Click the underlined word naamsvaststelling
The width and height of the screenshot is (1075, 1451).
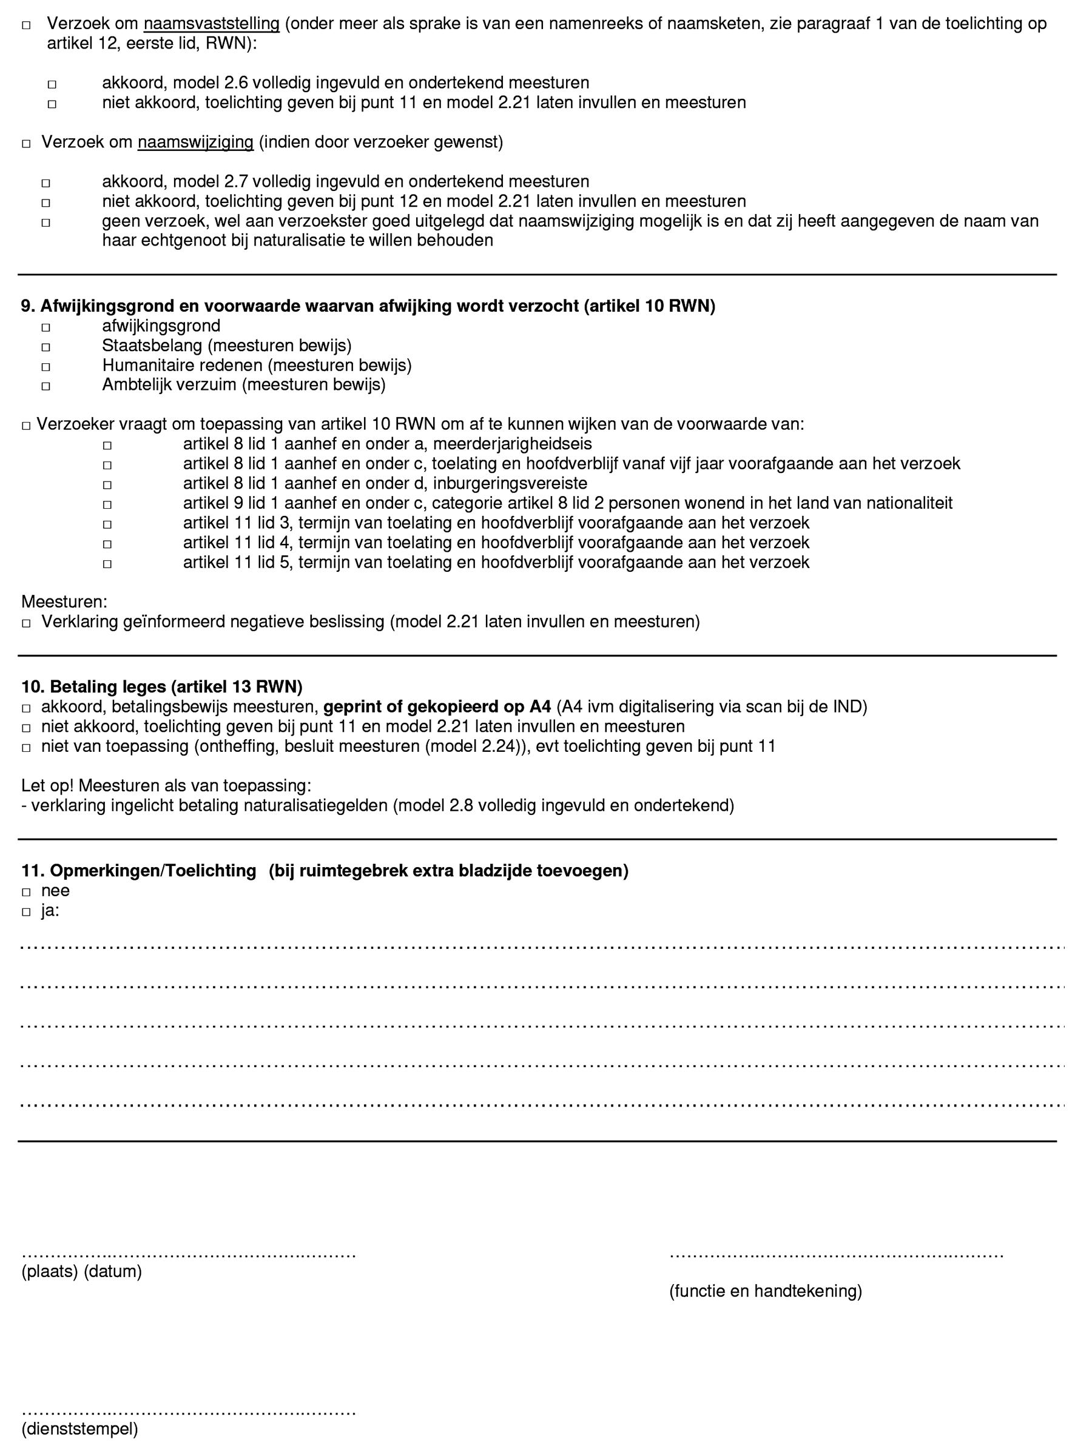[212, 24]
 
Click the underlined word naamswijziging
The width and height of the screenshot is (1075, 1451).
[195, 142]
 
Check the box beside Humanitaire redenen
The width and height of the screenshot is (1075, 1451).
[45, 367]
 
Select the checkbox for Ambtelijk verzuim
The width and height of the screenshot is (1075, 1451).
[45, 386]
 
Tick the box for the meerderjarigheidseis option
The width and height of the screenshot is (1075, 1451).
[107, 446]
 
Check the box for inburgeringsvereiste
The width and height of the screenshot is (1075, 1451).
[107, 485]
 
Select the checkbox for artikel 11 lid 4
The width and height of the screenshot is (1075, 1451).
[107, 545]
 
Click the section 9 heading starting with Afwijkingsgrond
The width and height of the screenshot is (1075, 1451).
[368, 306]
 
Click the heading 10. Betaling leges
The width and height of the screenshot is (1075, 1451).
[162, 687]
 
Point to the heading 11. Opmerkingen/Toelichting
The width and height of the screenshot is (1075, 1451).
[138, 871]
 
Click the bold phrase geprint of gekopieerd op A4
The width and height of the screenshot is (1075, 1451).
[437, 707]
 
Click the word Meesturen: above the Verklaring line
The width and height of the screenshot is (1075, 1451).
[64, 602]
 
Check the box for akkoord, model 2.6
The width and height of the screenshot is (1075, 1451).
[52, 84]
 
